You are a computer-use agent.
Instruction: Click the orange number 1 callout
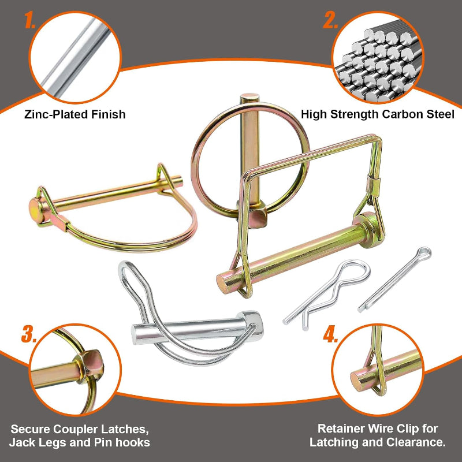point(30,20)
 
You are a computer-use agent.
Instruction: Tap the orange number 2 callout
point(330,20)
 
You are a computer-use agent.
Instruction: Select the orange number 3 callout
point(29,334)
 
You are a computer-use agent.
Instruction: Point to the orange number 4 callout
point(330,334)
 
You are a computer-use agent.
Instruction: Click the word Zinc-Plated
point(55,114)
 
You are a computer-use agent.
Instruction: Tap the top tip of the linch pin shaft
point(249,97)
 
